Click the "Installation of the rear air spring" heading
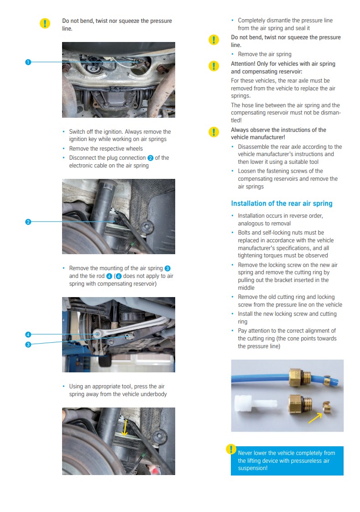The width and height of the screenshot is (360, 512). coord(282,204)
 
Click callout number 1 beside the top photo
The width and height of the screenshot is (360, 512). coord(28,62)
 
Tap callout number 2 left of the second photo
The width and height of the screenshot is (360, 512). coord(28,222)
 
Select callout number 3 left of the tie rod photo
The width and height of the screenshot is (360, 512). coord(28,345)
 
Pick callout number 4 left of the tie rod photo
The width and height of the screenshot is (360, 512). coord(28,334)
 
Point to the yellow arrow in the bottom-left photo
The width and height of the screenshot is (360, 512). coord(124,429)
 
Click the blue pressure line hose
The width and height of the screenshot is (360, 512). coord(260,377)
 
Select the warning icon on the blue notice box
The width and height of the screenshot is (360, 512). coord(232,449)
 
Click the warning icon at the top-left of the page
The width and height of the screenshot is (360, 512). coord(45,24)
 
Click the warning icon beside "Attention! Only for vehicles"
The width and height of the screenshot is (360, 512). coord(214,66)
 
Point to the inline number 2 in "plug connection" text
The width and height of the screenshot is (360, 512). coord(150,158)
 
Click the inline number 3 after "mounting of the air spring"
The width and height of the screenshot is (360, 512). coord(167,268)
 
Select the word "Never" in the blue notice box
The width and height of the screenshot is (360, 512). coord(246,453)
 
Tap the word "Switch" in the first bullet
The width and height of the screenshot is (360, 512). coord(78,131)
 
